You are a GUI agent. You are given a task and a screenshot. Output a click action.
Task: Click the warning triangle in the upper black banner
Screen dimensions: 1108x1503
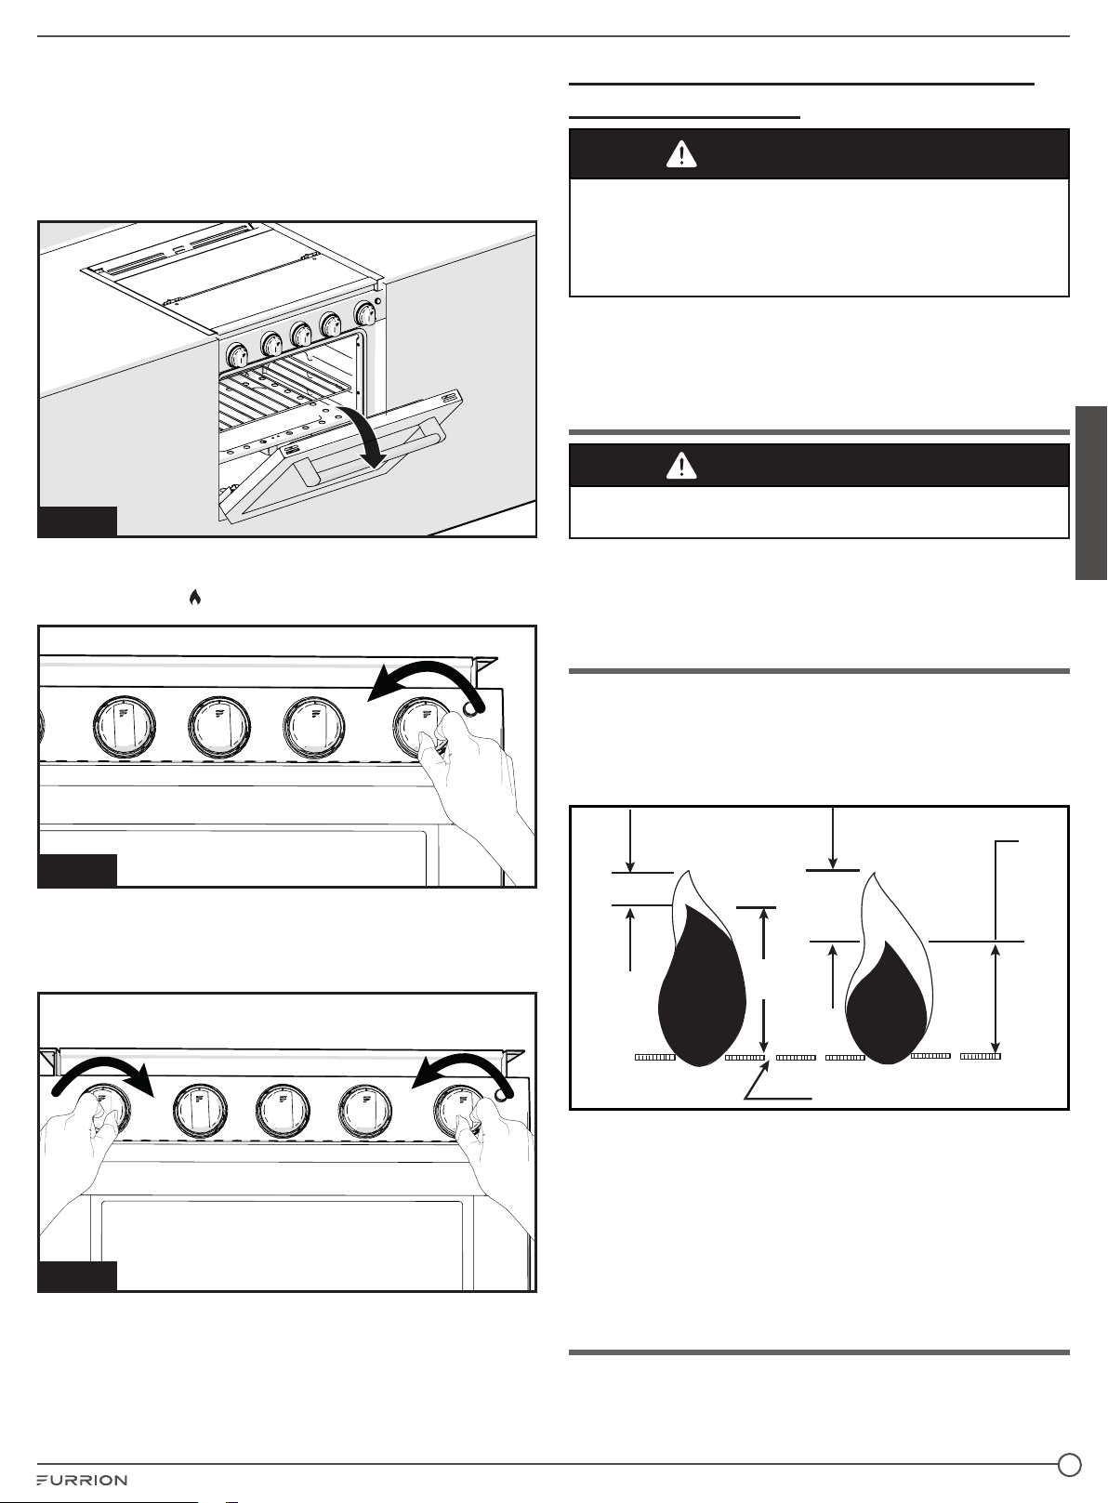point(681,153)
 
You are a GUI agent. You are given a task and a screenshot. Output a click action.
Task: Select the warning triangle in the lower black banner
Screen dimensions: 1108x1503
point(681,465)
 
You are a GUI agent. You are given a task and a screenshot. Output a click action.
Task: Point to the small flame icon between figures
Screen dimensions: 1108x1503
point(194,597)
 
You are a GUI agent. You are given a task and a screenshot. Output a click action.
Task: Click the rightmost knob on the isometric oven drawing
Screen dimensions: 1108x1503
point(365,314)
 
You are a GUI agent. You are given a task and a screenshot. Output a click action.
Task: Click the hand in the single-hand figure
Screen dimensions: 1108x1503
point(477,792)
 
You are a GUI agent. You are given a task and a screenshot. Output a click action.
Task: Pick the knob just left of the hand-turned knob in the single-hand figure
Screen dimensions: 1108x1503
point(314,728)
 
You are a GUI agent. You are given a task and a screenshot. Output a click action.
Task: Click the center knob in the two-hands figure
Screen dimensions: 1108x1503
point(283,1111)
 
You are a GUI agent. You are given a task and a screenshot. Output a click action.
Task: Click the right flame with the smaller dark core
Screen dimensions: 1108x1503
point(887,969)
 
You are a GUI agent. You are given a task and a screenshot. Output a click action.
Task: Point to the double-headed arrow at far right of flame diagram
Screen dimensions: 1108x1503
point(996,997)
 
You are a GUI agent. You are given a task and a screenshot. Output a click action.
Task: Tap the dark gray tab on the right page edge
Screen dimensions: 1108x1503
point(1091,493)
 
